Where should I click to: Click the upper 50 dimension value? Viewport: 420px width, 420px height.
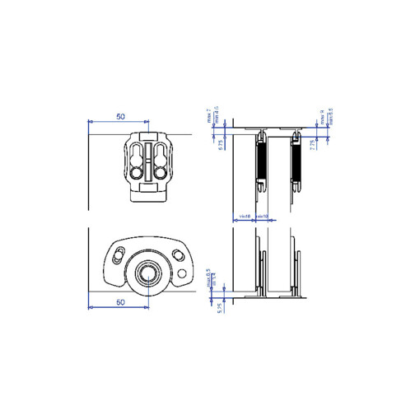pos(120,117)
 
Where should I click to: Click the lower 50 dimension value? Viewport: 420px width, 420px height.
pos(120,302)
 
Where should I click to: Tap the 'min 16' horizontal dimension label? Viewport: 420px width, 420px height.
pos(245,217)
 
